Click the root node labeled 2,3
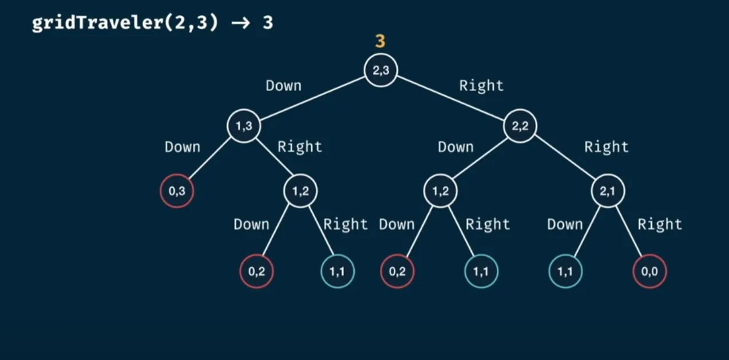[x=381, y=70]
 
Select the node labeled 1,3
[x=244, y=126]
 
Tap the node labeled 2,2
[x=520, y=126]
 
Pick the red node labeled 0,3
[x=177, y=191]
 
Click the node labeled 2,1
[x=608, y=191]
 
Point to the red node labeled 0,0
[x=649, y=271]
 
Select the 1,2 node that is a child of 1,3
[x=300, y=191]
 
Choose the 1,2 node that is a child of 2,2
[x=441, y=191]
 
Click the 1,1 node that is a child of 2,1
[x=565, y=271]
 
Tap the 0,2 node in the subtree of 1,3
[x=256, y=271]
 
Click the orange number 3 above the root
[x=380, y=41]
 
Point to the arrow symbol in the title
[x=240, y=23]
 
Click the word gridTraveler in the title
[x=98, y=23]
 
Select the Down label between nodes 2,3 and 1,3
[x=283, y=86]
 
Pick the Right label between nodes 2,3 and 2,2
[x=481, y=86]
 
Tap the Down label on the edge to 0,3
[x=182, y=147]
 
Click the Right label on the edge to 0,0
[x=660, y=224]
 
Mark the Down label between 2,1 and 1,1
[x=565, y=224]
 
